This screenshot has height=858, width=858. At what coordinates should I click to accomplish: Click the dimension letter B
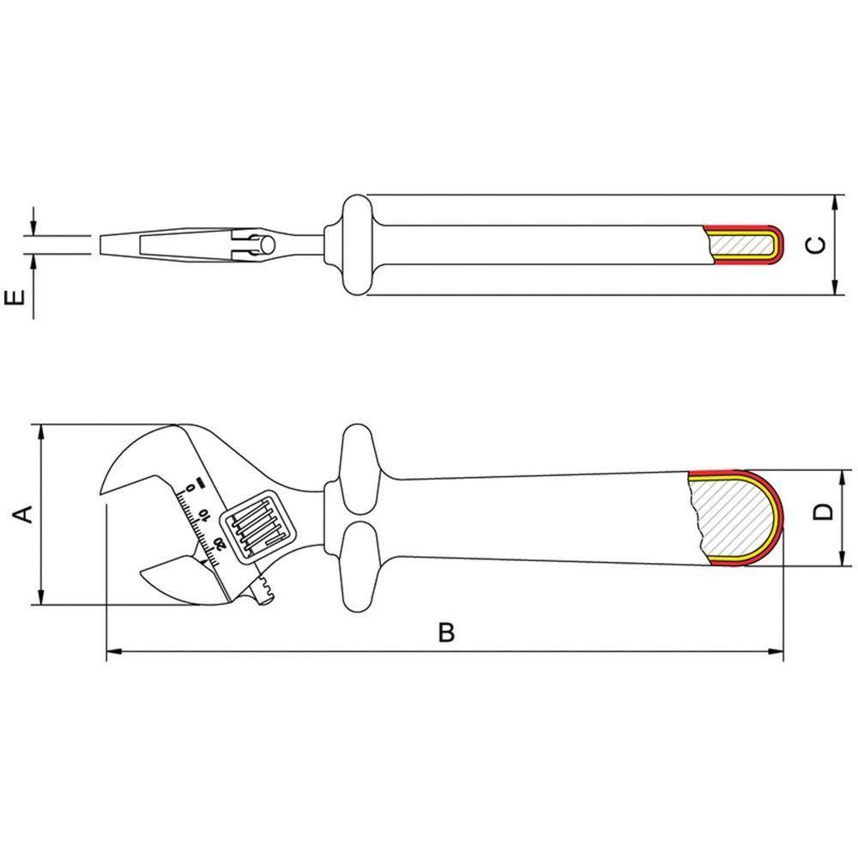pyautogui.click(x=445, y=633)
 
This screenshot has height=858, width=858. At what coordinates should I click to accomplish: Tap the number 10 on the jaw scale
pyautogui.click(x=203, y=517)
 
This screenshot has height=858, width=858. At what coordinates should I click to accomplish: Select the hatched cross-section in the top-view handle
pyautogui.click(x=742, y=245)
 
